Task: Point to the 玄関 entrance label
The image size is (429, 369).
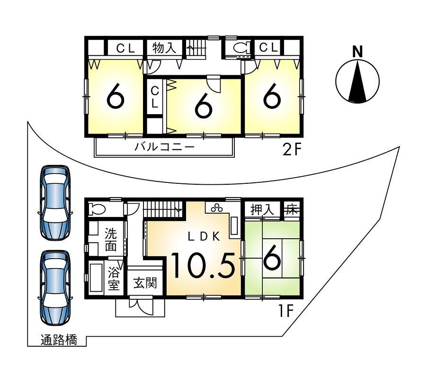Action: pos(145,284)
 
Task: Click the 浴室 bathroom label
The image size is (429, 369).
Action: pos(114,279)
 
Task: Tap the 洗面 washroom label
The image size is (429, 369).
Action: pos(110,239)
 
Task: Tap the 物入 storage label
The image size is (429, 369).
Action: pos(164,48)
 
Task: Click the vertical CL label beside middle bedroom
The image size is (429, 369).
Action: pos(154,97)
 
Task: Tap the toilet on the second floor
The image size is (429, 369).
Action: pos(239,48)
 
